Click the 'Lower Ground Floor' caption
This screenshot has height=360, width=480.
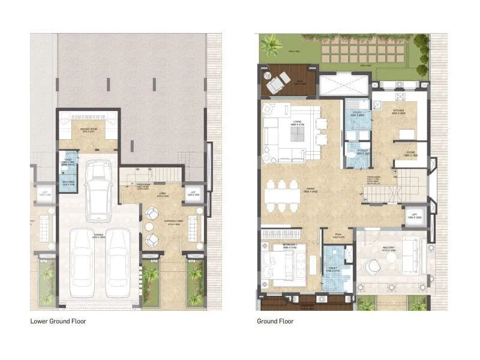click(x=58, y=321)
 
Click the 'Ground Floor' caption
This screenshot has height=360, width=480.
click(x=275, y=321)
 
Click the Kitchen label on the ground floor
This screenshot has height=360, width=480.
click(x=400, y=112)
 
